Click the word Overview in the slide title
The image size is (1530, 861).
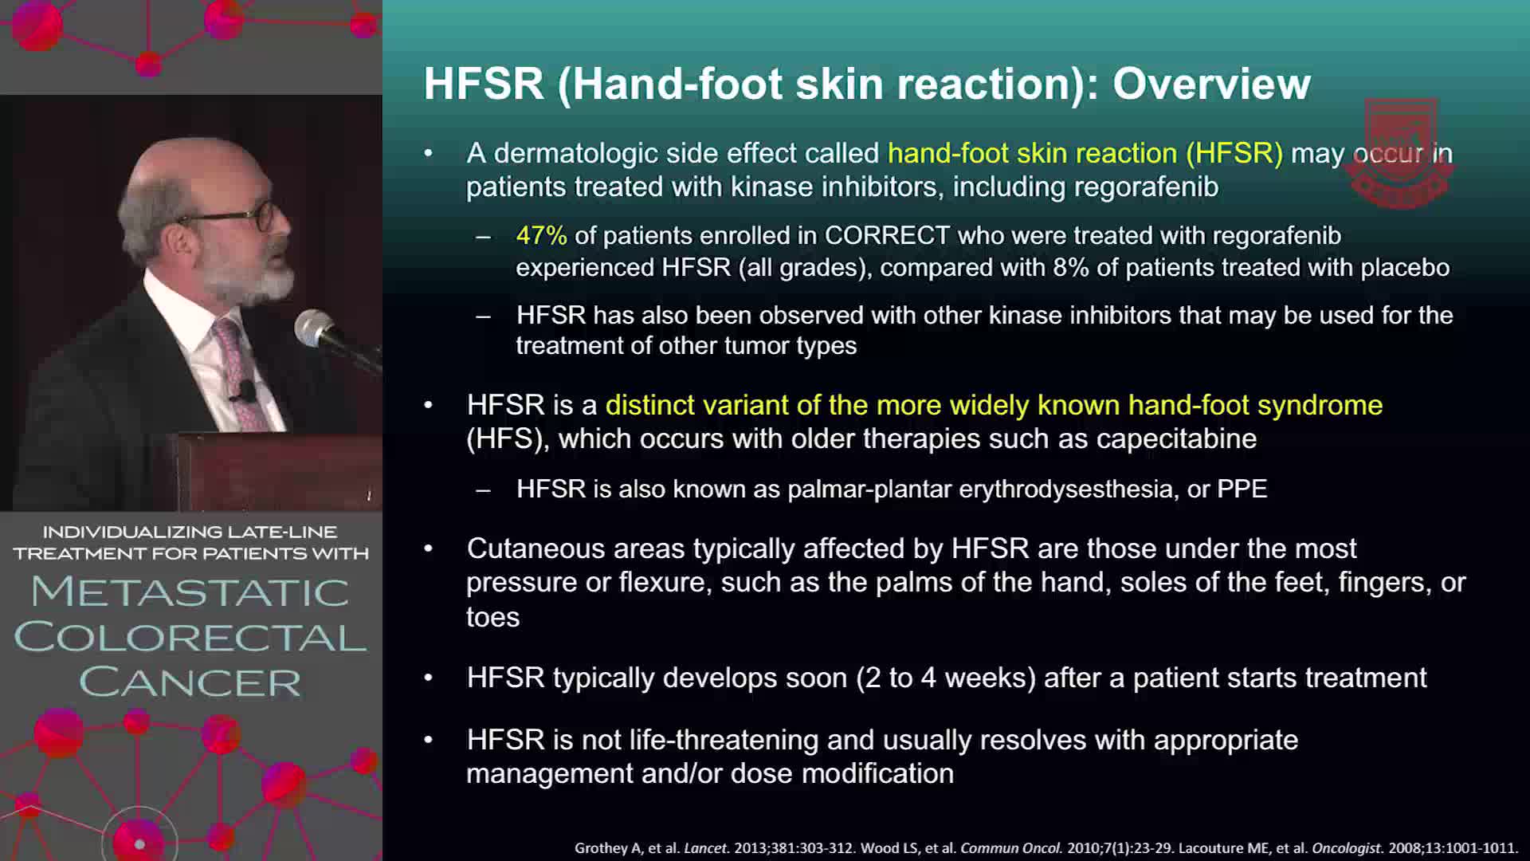(1211, 84)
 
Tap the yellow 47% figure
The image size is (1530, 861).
(542, 235)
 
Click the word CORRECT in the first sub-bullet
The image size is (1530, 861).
(887, 235)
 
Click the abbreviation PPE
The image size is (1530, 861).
(1242, 489)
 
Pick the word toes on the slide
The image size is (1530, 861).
(492, 618)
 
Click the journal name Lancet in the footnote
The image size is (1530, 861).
(705, 848)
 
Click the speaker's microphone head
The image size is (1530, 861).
(313, 327)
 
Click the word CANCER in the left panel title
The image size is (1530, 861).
(190, 682)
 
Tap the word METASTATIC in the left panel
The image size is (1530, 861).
(190, 592)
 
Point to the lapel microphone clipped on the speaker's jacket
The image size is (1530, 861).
(246, 391)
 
